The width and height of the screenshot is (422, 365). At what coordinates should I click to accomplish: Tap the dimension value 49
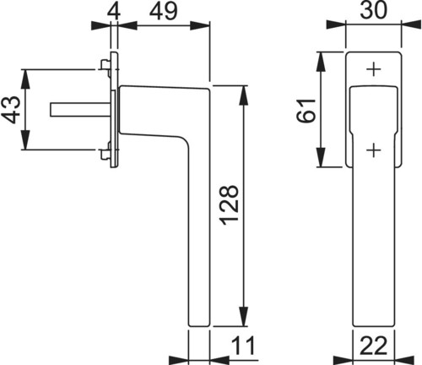[164, 11]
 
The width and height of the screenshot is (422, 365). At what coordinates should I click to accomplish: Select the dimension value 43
[11, 110]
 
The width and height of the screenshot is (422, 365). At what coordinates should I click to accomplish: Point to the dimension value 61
[306, 111]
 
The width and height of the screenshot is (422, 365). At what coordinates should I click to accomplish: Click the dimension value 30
[374, 10]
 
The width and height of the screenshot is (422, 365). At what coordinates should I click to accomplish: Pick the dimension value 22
[374, 346]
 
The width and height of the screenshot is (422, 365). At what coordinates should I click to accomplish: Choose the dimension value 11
[243, 346]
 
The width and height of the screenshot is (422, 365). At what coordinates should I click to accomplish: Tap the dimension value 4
[114, 11]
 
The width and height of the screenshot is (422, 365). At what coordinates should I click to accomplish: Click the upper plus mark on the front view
[374, 69]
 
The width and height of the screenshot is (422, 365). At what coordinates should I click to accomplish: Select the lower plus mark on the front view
[374, 150]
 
